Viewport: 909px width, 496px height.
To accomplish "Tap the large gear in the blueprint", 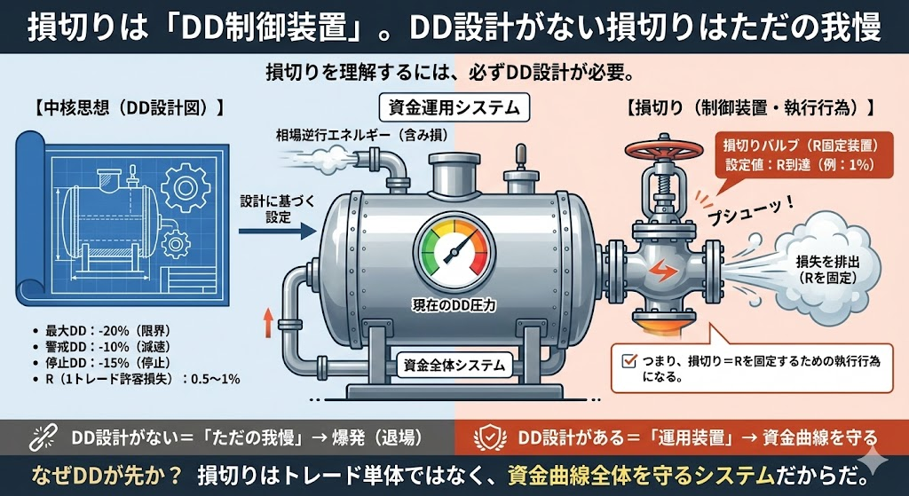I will (187, 186).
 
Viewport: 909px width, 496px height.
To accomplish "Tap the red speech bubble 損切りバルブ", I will (800, 153).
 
